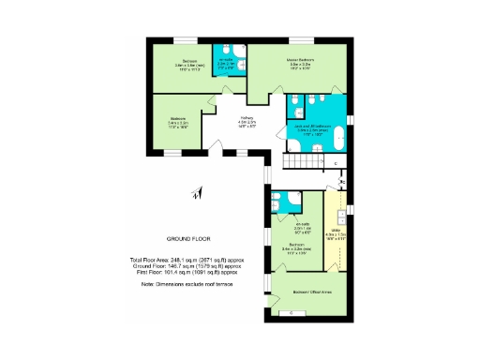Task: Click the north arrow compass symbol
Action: click(x=195, y=193)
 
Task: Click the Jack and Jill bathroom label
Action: click(x=316, y=127)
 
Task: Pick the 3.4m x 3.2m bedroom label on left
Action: click(x=177, y=122)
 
